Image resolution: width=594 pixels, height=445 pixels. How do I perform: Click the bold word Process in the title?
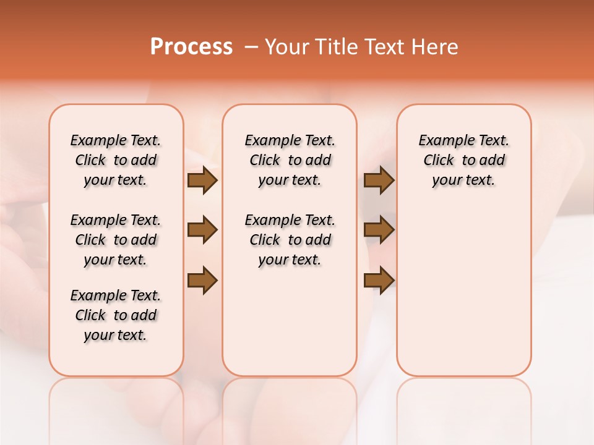[x=191, y=47]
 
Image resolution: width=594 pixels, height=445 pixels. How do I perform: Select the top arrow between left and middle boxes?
[x=202, y=180]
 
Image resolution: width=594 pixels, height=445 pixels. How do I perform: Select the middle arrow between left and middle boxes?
[x=202, y=230]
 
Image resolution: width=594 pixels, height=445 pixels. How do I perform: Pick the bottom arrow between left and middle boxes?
[x=202, y=280]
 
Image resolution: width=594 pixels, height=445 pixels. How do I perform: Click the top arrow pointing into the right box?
[x=379, y=180]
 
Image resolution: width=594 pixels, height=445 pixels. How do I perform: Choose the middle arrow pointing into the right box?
[x=379, y=230]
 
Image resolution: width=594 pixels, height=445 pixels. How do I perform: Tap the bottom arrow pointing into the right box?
[x=379, y=280]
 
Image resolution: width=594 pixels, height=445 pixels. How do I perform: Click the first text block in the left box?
[x=116, y=160]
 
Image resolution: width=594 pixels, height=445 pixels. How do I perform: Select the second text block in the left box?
[x=116, y=240]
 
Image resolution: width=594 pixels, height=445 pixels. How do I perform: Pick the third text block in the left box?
[x=116, y=315]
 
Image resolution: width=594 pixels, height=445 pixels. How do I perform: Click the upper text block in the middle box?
[x=290, y=160]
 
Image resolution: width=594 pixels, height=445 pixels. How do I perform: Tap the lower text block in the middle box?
[x=290, y=240]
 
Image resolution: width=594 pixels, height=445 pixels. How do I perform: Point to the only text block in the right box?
[x=463, y=160]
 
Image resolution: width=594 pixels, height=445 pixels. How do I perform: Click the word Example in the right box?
[x=443, y=141]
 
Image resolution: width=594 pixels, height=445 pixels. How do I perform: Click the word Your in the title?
[x=287, y=47]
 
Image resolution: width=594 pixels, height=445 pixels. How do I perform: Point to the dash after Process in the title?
[x=251, y=47]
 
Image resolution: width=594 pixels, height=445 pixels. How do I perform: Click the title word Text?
[x=385, y=47]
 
